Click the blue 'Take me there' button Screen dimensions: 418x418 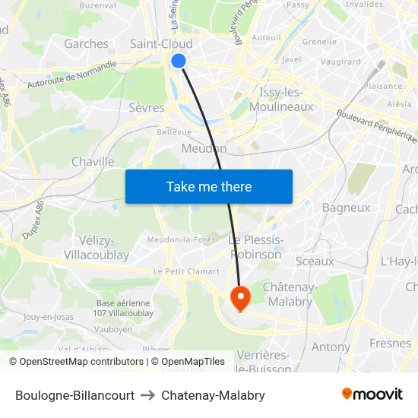pos(209,186)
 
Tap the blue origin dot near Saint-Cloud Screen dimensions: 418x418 pos(179,61)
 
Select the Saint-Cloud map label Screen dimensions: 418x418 pos(161,44)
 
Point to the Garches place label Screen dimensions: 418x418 pos(86,44)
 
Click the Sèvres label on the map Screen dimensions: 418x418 pos(147,108)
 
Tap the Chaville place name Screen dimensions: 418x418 pos(93,162)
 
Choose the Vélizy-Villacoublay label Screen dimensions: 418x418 pos(97,248)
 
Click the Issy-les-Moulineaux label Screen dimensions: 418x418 pos(286,100)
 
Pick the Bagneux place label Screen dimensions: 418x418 pos(346,207)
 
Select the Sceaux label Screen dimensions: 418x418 pos(315,261)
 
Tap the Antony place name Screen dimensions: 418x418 pos(331,347)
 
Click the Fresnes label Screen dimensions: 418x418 pos(390,344)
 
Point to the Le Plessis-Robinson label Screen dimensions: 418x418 pos(256,248)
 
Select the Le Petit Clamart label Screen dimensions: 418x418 pos(186,271)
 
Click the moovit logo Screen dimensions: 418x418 pos(372,394)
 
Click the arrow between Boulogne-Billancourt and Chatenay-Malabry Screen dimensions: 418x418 pos(147,395)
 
